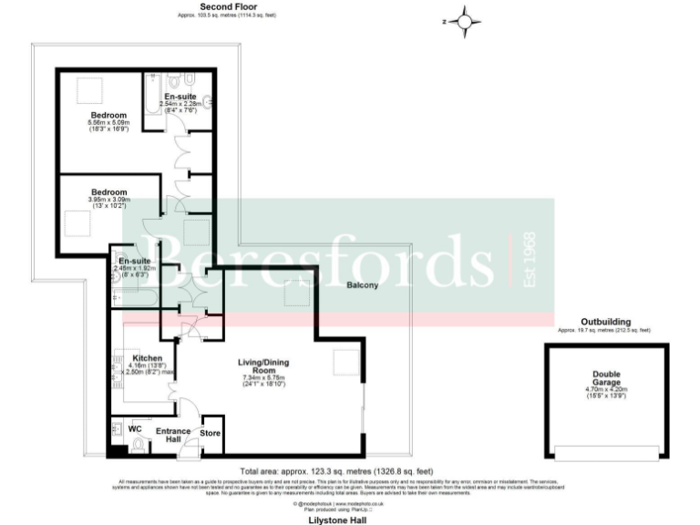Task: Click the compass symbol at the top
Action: pyautogui.click(x=466, y=20)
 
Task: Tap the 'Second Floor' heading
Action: pyautogui.click(x=208, y=6)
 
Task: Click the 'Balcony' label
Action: pyautogui.click(x=363, y=285)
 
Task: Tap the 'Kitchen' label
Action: pyautogui.click(x=147, y=358)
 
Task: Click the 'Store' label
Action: pyautogui.click(x=210, y=432)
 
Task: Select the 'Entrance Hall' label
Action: pyautogui.click(x=172, y=435)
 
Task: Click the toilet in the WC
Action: pyautogui.click(x=139, y=445)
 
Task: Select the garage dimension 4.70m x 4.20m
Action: pyautogui.click(x=607, y=390)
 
